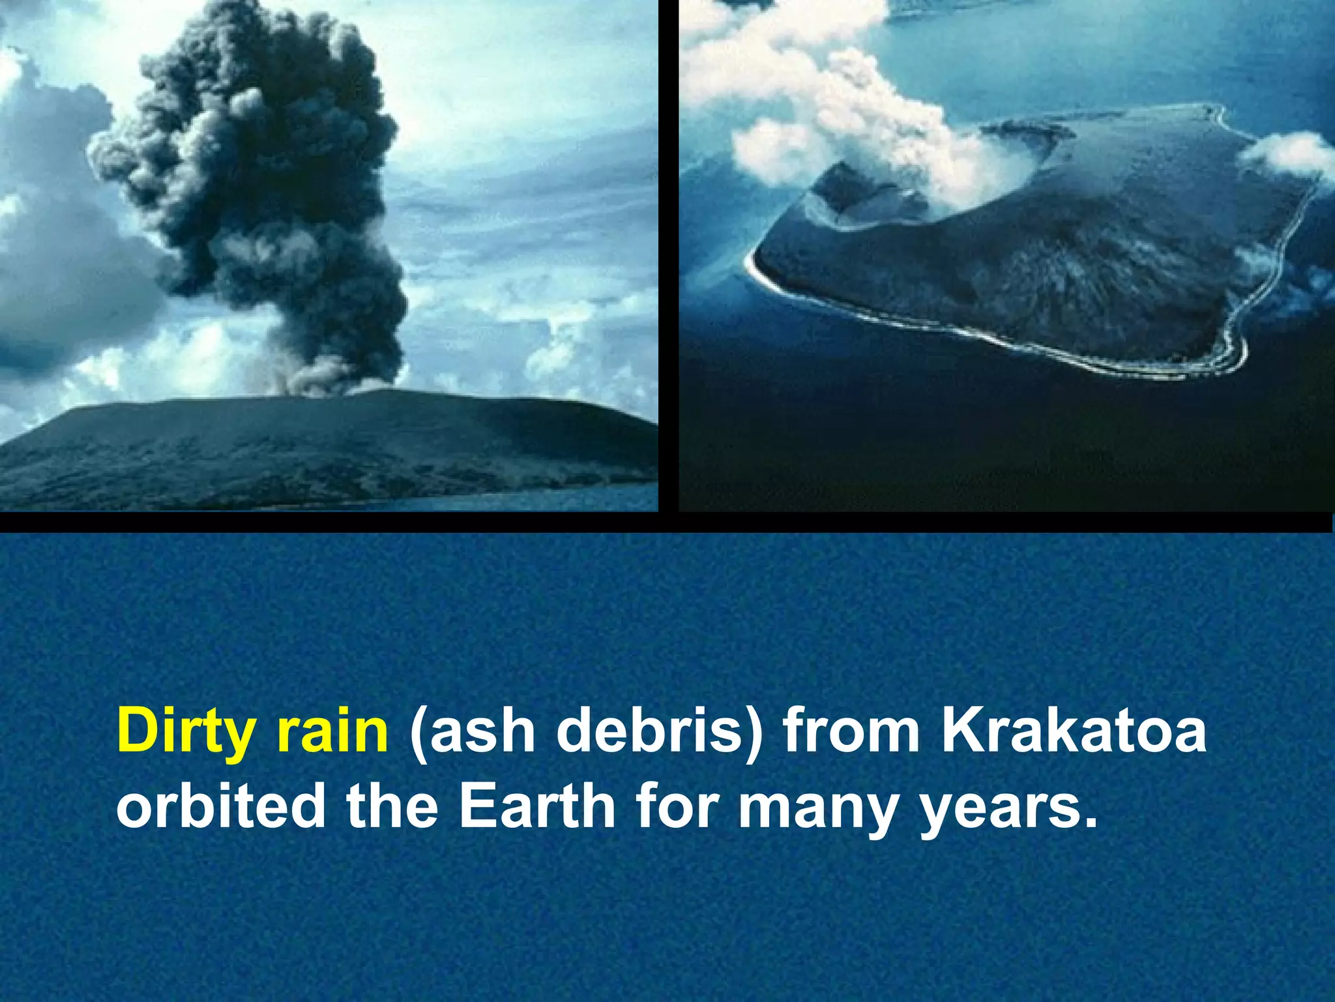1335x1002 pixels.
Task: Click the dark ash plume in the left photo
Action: click(x=261, y=163)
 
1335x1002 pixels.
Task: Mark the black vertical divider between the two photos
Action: click(x=668, y=254)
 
